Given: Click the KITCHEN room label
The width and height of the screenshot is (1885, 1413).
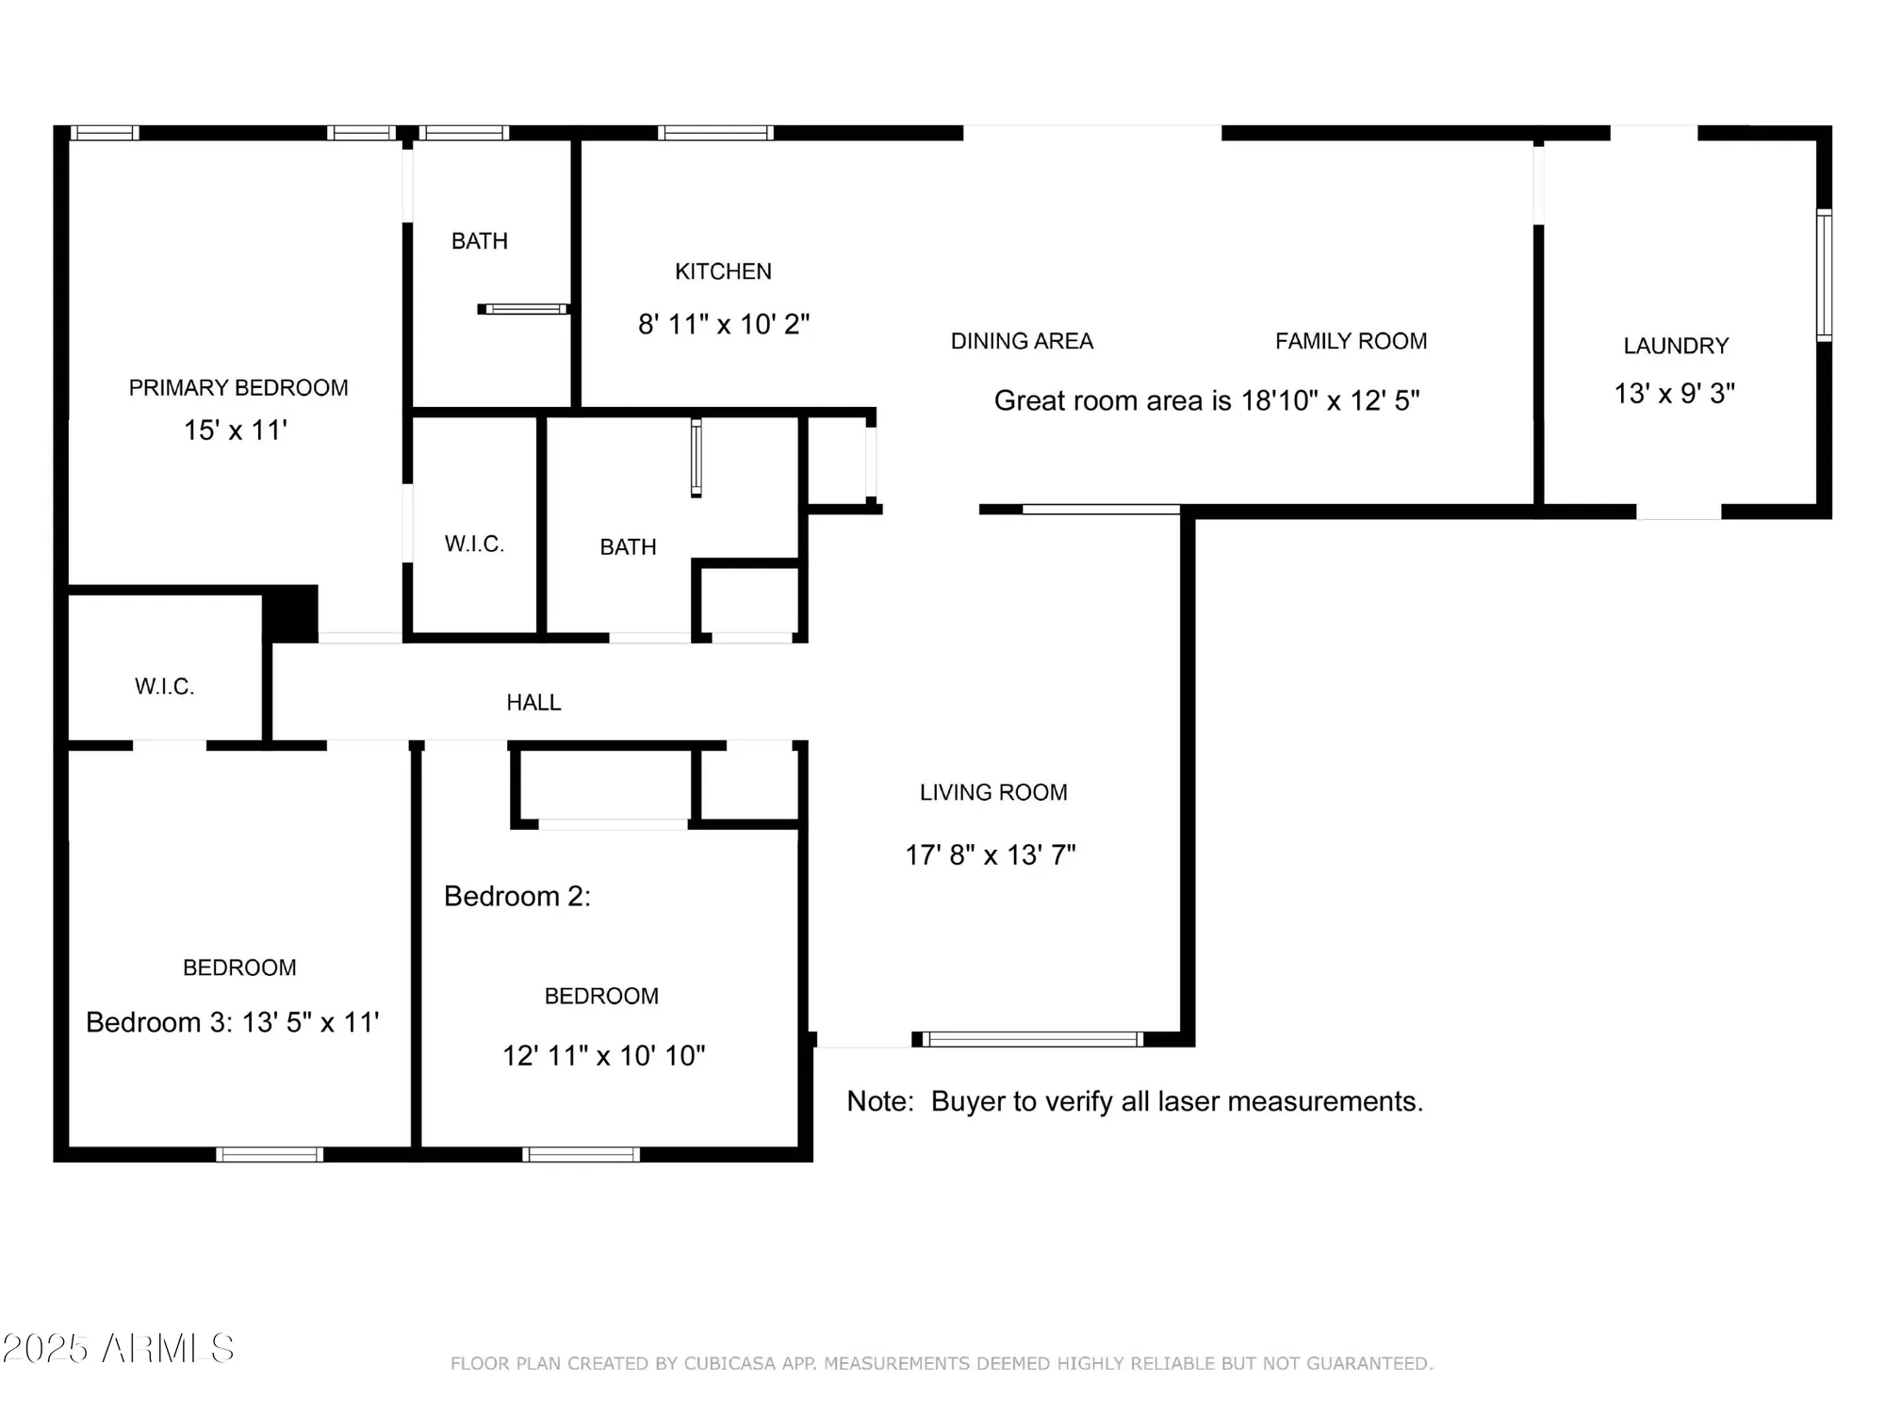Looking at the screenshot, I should (723, 271).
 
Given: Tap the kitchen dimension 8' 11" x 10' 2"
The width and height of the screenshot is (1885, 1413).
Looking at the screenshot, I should (723, 324).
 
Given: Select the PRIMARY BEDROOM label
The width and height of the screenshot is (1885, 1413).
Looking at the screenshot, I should (238, 387).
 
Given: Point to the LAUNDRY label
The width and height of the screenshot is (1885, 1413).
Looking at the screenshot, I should (1675, 346).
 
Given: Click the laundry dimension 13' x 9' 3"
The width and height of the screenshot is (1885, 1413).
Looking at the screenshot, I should (1674, 393).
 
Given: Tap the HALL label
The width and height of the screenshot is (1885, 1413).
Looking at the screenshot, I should (533, 702).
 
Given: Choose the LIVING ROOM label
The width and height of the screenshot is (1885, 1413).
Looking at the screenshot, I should (993, 792).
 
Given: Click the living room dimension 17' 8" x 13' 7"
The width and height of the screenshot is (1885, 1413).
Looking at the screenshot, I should (990, 854).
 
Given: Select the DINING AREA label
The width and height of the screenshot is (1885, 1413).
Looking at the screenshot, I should (1022, 341).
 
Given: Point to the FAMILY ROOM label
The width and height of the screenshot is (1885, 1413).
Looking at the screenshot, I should (1351, 341).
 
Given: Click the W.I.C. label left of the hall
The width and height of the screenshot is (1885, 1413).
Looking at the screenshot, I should (164, 686).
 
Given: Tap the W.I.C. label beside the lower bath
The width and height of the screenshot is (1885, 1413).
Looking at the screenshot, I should (474, 544).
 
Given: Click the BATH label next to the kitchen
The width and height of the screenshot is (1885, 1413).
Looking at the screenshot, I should (479, 241).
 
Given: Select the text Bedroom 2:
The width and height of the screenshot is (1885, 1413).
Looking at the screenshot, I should (516, 896).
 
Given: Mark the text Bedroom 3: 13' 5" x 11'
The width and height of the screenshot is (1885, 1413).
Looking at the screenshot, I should (232, 1022).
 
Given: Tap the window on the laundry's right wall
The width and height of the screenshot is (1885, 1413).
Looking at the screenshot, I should (1824, 275).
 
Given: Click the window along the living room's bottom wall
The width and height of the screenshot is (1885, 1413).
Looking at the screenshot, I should (1032, 1039).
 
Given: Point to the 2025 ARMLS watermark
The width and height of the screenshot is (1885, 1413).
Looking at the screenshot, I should (118, 1349).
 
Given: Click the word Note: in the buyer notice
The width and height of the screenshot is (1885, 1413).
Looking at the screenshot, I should (879, 1101).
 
